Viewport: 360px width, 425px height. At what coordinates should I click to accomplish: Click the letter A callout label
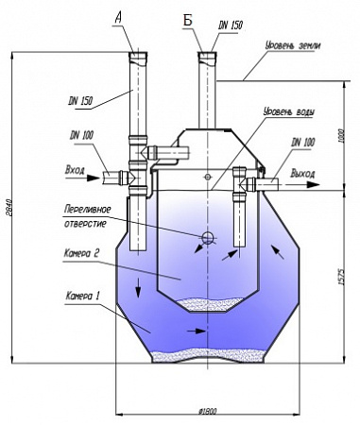point(118,17)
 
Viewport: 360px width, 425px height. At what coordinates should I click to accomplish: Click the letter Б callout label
point(188,22)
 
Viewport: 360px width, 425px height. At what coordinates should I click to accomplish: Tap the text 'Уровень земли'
point(293,45)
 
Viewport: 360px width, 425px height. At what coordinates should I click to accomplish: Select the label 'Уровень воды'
point(289,111)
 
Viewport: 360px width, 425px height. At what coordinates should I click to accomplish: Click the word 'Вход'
point(75,170)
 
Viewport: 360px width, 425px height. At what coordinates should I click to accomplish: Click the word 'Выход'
point(302,174)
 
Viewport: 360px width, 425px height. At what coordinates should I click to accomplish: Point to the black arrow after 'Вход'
point(93,178)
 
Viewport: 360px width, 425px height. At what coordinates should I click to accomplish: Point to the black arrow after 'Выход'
point(313,184)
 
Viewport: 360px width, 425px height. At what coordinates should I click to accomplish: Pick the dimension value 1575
point(342,277)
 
